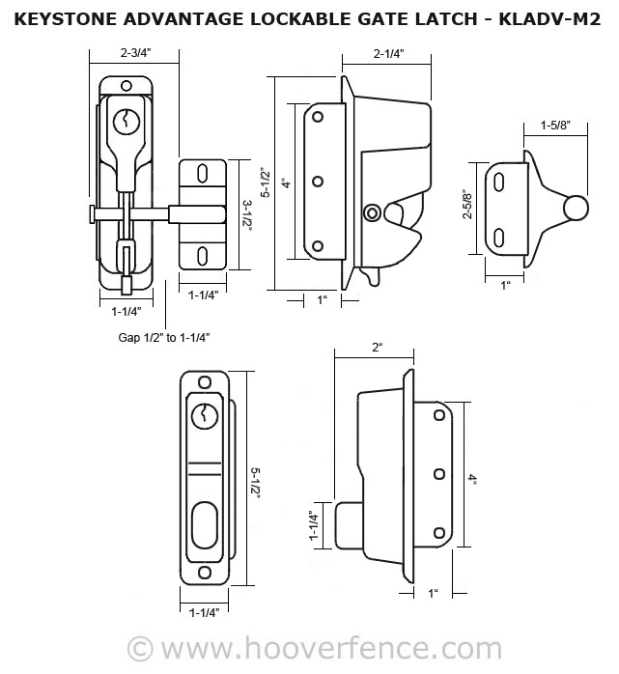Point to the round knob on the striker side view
[x=575, y=208]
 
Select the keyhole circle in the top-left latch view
[x=124, y=122]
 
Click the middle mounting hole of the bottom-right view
[x=438, y=473]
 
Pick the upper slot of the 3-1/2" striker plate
[x=203, y=174]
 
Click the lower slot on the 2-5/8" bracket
[x=500, y=235]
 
